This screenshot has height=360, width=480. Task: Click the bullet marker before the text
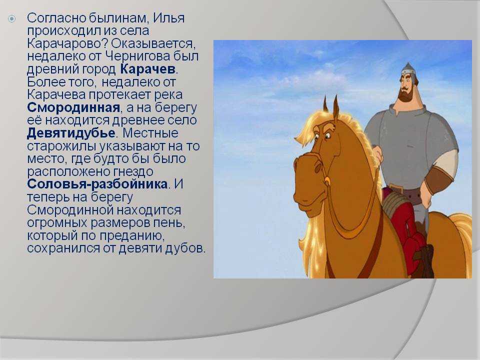click(11, 19)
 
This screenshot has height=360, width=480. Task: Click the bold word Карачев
click(148, 69)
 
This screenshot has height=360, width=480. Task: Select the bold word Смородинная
click(73, 107)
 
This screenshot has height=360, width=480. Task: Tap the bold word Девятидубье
click(71, 133)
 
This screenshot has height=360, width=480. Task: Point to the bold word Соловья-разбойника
click(97, 184)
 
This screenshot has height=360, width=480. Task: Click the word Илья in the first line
click(168, 18)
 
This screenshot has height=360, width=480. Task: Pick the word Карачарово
click(67, 44)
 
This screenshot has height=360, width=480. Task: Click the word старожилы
click(62, 146)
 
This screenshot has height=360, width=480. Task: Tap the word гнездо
click(133, 171)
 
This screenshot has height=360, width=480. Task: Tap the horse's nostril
click(318, 168)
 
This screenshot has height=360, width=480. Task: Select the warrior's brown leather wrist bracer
click(437, 180)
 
